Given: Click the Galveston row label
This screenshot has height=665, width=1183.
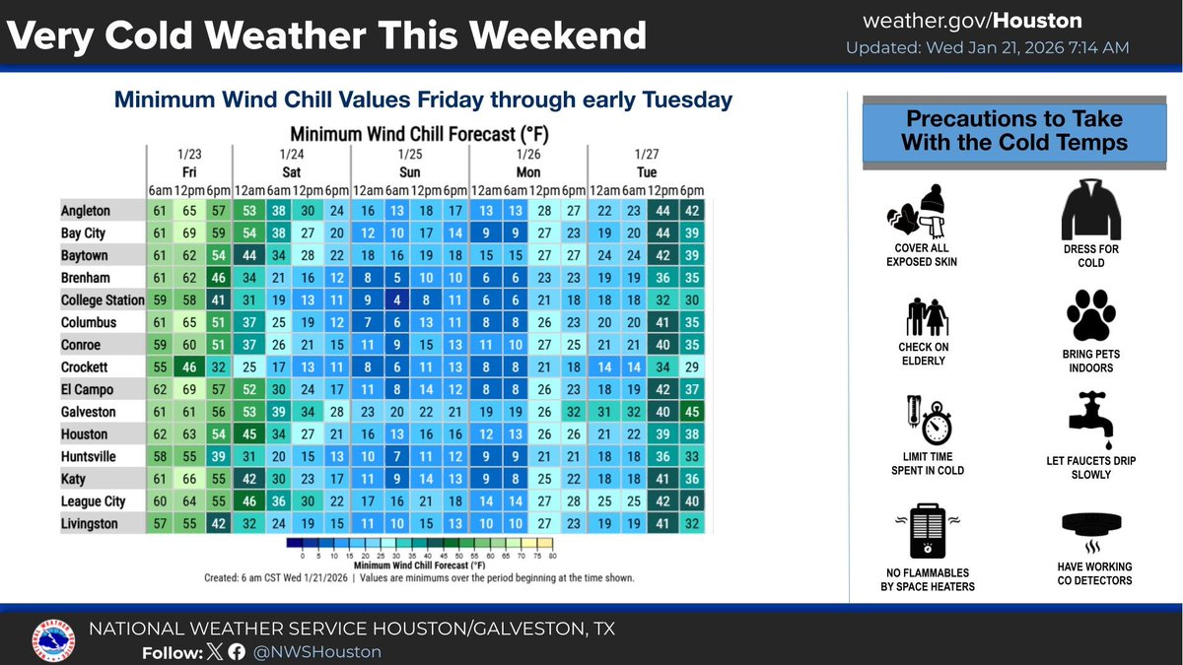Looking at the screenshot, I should tap(89, 412).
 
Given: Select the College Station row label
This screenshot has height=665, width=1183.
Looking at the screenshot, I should tap(103, 300).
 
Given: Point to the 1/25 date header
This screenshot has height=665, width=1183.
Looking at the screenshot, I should tap(410, 155).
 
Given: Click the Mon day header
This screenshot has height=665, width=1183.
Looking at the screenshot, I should tap(528, 170).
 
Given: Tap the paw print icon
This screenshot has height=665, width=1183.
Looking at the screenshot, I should tap(1089, 315).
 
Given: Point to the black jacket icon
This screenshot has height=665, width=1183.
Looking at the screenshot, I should tap(1089, 210).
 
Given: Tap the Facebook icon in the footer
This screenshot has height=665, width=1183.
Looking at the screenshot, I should tap(237, 652).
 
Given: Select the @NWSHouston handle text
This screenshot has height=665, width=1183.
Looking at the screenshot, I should tap(318, 652).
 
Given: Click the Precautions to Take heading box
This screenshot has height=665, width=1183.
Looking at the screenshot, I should tap(1013, 130).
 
